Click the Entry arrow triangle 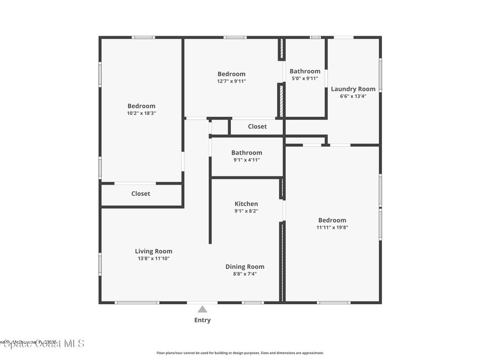[202, 309]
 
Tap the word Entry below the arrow [202, 320]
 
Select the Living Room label [153, 251]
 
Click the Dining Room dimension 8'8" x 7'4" [245, 274]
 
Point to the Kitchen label [246, 203]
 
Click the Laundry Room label [353, 89]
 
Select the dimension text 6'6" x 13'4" [353, 96]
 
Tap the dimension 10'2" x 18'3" [141, 113]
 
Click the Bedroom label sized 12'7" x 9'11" [231, 74]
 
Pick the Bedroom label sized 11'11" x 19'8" [332, 220]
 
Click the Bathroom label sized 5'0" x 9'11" [305, 71]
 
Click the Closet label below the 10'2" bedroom [141, 194]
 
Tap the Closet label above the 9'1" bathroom [257, 126]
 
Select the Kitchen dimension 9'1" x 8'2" [246, 211]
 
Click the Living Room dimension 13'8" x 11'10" [153, 258]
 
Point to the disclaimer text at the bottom [240, 353]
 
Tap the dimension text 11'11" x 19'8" [332, 227]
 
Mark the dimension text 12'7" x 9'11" [231, 81]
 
